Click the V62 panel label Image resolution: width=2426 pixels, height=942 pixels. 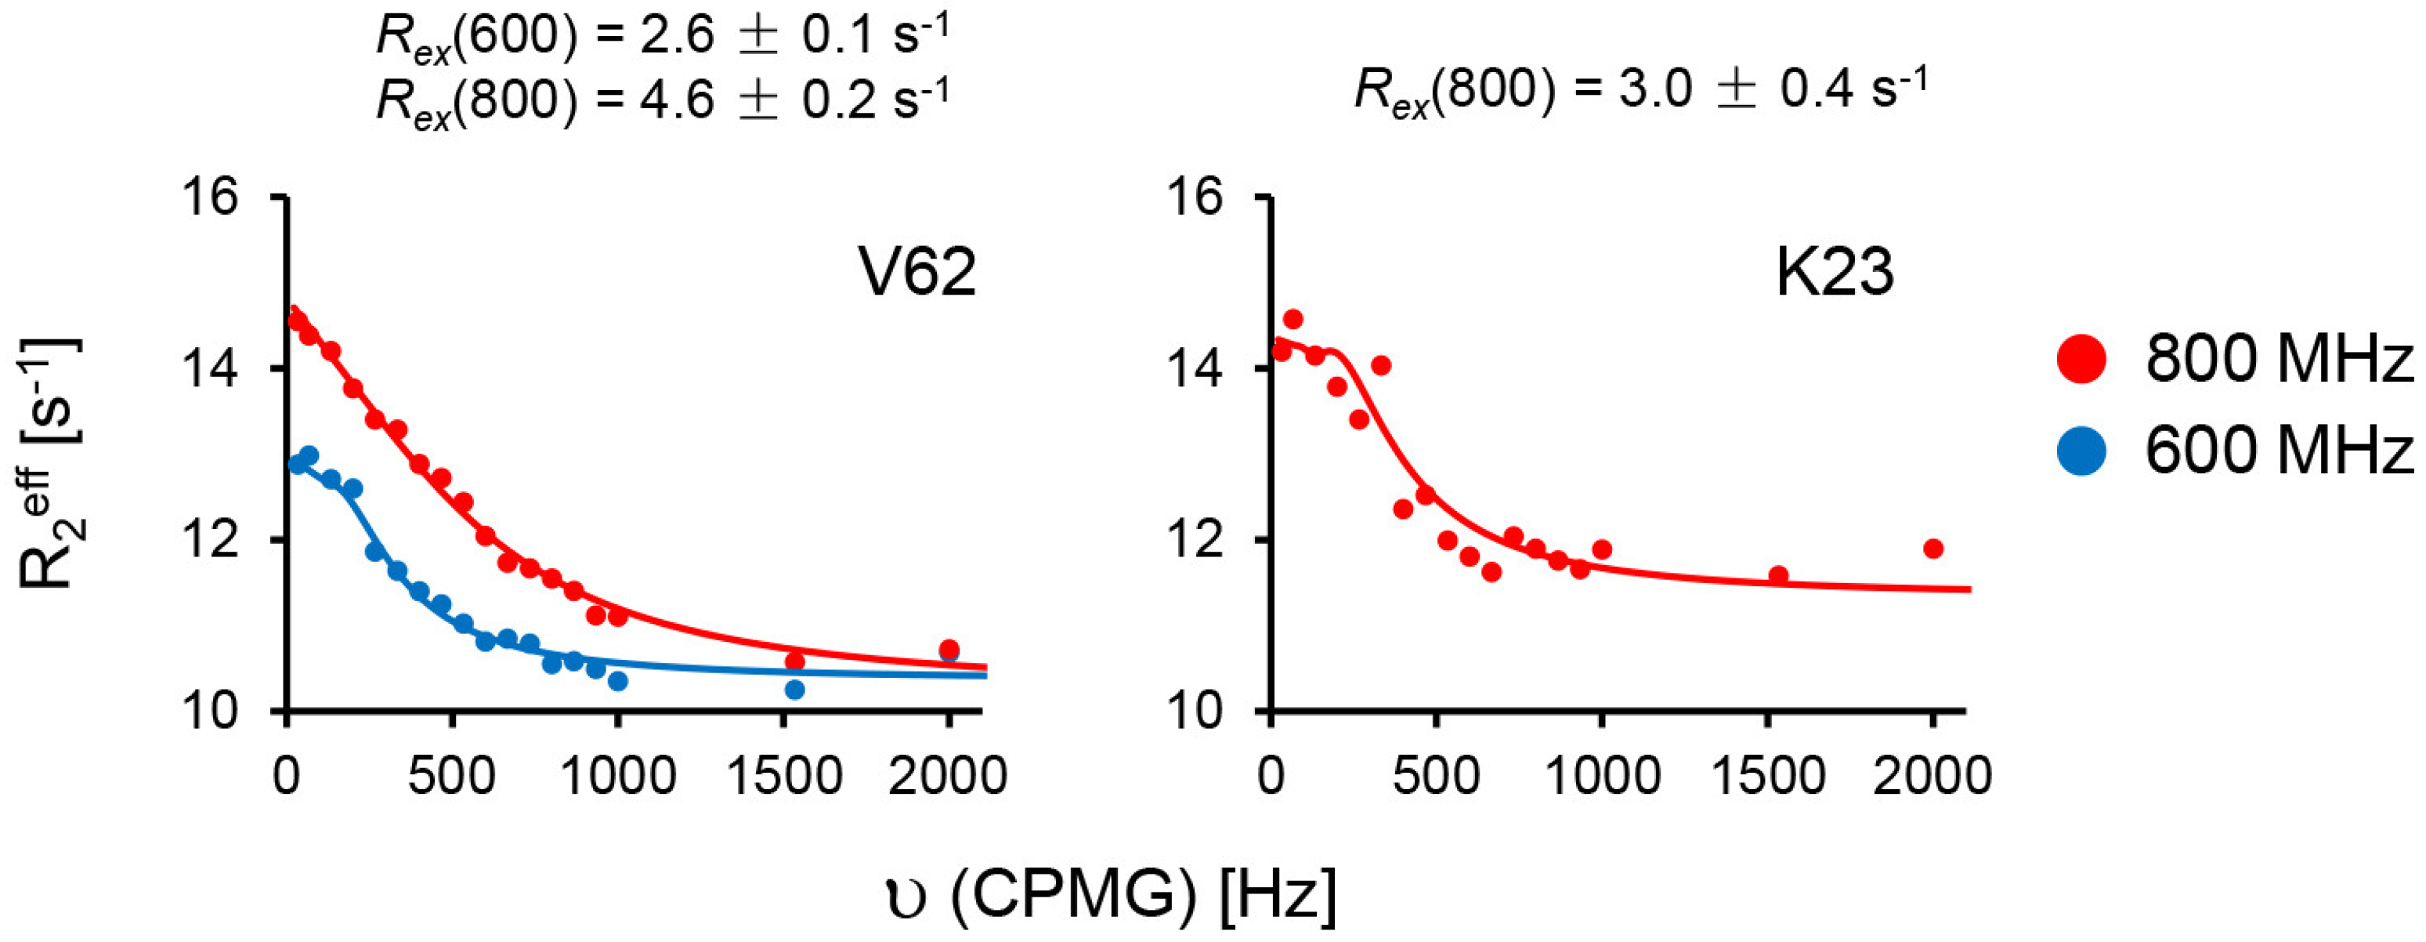coord(918,274)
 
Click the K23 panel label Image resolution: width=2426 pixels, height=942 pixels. coord(1834,274)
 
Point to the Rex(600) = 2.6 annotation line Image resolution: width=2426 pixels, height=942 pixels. coord(661,38)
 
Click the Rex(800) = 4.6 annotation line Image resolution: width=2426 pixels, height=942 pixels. coord(661,99)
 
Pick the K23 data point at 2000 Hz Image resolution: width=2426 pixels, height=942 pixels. coord(1933,549)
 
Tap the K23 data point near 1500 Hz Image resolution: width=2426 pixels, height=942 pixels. coord(1778,574)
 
